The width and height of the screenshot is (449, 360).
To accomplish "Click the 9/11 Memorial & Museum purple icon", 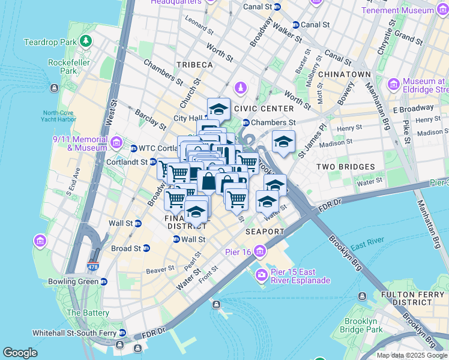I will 116,143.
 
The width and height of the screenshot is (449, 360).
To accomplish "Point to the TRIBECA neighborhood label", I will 194,64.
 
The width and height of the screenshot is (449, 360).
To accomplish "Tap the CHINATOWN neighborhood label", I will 344,74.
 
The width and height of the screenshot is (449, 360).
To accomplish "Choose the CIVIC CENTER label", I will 264,109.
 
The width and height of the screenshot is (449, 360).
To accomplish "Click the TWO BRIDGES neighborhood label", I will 345,166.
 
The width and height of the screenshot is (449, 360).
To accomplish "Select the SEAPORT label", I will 264,231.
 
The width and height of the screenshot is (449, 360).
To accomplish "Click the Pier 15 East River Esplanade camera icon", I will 262,275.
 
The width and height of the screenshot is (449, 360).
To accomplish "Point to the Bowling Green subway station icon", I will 103,281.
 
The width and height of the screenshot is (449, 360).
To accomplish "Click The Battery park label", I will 88,313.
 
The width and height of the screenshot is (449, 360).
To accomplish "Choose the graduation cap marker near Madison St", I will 283,142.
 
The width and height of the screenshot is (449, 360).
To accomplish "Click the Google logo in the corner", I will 20,353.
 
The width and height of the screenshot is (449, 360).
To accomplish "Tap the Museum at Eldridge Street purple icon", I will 394,83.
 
